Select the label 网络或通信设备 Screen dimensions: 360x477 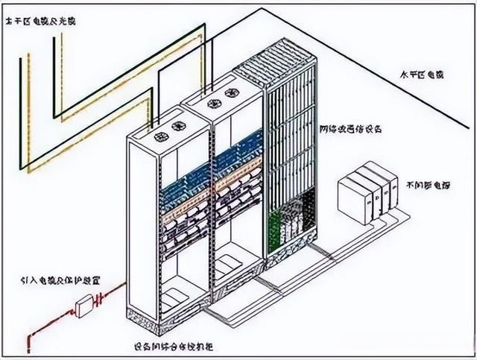tap(351, 128)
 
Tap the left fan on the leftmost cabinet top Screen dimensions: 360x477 tap(161, 137)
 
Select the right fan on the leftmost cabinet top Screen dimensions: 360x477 tap(180, 127)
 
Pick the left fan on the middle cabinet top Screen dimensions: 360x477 tap(213, 106)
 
